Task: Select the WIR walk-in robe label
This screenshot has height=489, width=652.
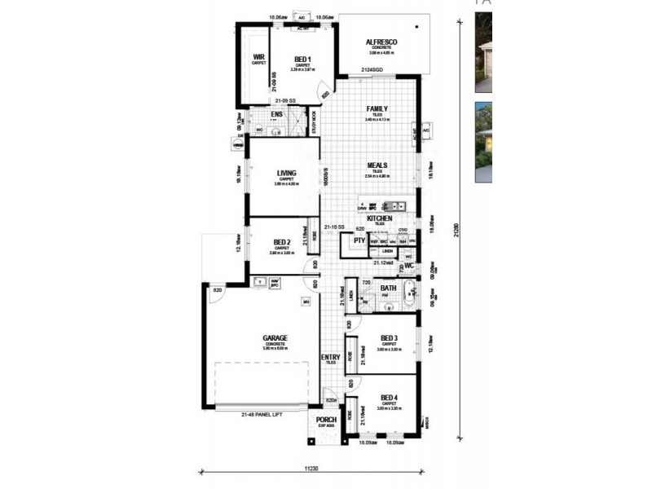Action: click(x=258, y=57)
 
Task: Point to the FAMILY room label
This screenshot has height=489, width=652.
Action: click(x=377, y=108)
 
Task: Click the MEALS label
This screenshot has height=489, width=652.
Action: click(x=376, y=165)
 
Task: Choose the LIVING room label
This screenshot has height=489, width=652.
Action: click(x=286, y=173)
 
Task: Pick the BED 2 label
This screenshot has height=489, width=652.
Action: click(x=282, y=242)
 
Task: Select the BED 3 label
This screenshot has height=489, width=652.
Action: click(x=389, y=338)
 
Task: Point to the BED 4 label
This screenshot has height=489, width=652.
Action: click(x=389, y=398)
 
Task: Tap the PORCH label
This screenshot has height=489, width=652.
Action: click(x=326, y=421)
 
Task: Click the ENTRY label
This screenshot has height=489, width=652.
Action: click(x=330, y=357)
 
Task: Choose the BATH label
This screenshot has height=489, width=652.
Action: click(x=388, y=288)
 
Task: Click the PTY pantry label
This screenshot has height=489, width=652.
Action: click(x=358, y=241)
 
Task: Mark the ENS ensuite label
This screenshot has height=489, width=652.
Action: click(x=276, y=115)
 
